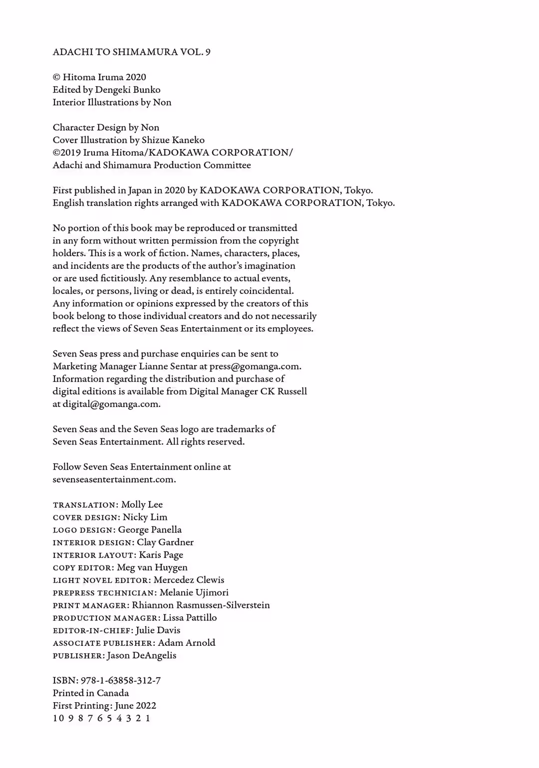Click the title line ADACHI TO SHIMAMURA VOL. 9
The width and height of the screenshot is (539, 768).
coord(131,52)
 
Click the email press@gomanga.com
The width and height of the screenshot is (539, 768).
coord(255,366)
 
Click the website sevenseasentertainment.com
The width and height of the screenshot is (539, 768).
coord(114,479)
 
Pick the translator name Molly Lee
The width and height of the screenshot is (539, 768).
coord(142,504)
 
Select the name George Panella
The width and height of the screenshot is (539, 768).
coord(150,530)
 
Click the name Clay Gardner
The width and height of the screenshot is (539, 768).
coord(165,542)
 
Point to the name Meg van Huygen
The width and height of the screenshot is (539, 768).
coord(152,567)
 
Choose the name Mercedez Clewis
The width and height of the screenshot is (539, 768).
coord(189,580)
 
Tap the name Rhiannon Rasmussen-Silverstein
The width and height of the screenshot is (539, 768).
coord(201,605)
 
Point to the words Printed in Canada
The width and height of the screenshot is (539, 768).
coord(90,693)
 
